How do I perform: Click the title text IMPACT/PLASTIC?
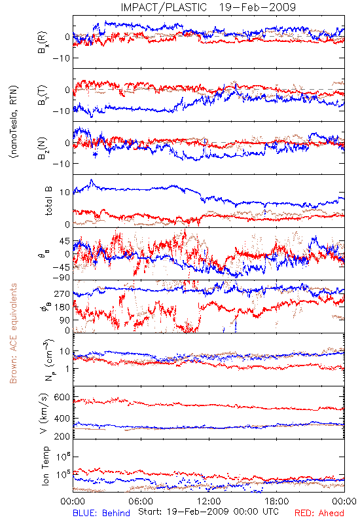pos(164,7)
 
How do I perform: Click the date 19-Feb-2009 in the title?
pos(257,7)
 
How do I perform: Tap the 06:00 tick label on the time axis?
pos(141,501)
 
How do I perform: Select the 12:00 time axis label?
pos(209,501)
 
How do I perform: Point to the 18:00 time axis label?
pos(277,501)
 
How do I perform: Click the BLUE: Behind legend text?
pos(101,513)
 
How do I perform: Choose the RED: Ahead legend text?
pos(319,513)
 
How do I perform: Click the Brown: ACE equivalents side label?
pos(13,333)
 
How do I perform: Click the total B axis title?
pos(48,201)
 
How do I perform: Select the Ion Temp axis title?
pos(45,466)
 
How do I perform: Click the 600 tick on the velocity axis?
pos(62,397)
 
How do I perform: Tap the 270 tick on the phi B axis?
pos(62,293)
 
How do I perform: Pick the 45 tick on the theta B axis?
pos(65,241)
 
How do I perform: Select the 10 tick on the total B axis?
pos(65,193)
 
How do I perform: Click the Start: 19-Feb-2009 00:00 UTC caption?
pos(208,512)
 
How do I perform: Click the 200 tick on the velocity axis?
pos(62,436)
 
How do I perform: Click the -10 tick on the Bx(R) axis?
pos(61,58)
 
